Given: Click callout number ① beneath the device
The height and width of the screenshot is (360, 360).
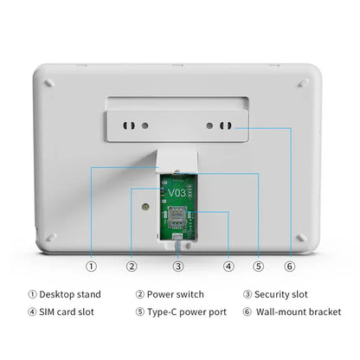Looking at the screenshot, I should coord(92,267).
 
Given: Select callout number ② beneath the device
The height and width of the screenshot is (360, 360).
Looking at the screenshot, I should coord(132,267).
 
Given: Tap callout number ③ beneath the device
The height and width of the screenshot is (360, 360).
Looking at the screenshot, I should coord(177,267).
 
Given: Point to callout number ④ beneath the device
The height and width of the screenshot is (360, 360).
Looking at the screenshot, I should coord(228,267).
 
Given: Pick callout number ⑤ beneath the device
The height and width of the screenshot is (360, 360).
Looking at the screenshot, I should coord(258,267).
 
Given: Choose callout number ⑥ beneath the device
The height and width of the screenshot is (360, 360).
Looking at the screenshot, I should coord(290,267).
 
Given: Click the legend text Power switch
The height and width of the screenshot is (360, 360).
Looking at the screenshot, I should coord(177,294).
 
